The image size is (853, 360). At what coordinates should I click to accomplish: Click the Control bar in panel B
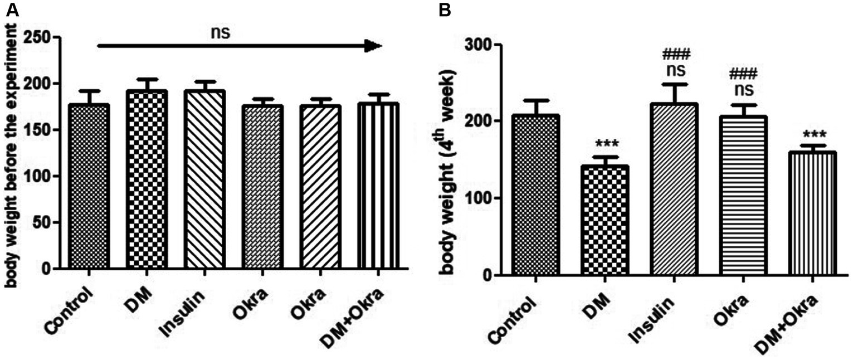pyautogui.click(x=539, y=195)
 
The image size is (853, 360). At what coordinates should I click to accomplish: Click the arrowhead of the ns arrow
pyautogui.click(x=372, y=46)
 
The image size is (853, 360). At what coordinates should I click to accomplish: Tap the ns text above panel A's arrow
pyautogui.click(x=220, y=32)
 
